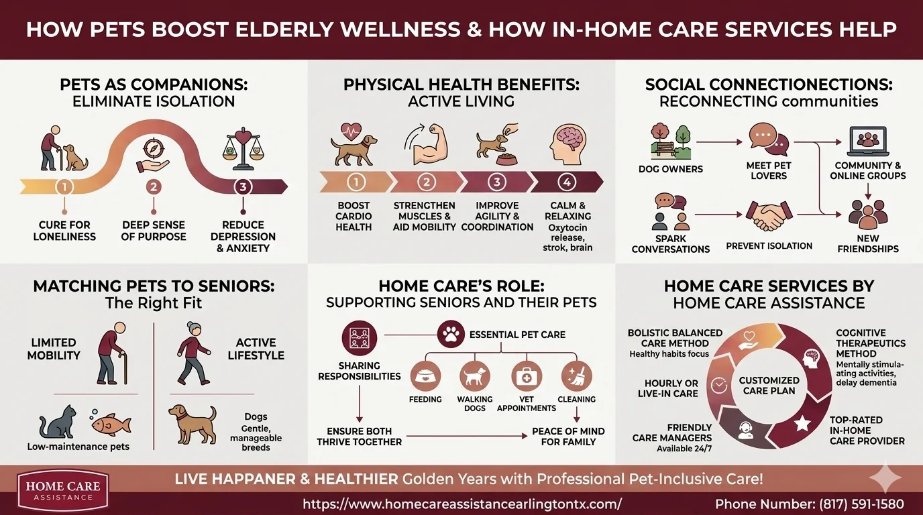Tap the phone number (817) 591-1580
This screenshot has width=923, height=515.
coord(810,504)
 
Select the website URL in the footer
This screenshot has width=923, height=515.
coord(462,504)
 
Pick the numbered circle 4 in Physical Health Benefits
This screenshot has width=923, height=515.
coord(567,182)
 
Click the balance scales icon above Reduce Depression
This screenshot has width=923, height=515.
coord(243,146)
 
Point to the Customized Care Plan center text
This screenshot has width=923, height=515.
coord(769,385)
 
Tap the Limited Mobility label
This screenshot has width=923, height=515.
coord(54,349)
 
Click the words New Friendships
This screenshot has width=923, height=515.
coord(868,243)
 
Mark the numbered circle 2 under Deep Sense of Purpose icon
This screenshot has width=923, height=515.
coord(154,187)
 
